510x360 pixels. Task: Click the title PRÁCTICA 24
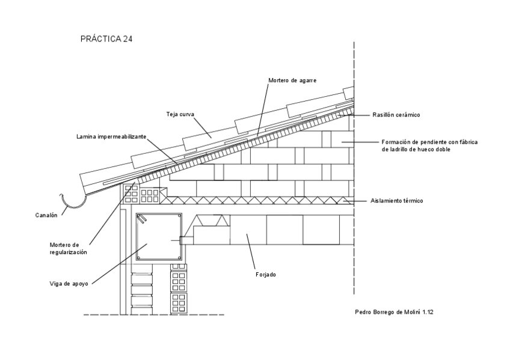click(106, 39)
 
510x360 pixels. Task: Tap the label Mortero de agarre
click(292, 80)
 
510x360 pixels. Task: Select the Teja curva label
click(179, 114)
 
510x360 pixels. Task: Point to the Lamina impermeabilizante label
click(111, 136)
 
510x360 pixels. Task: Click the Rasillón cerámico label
click(396, 114)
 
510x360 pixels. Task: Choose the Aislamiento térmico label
click(397, 200)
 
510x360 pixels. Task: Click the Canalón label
click(46, 215)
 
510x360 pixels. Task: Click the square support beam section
click(158, 237)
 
